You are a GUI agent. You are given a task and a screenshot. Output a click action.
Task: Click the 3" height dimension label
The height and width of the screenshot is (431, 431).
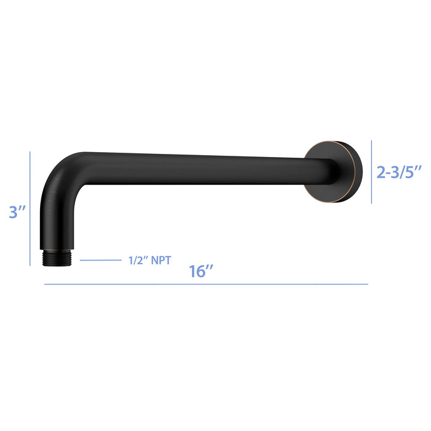click(x=17, y=212)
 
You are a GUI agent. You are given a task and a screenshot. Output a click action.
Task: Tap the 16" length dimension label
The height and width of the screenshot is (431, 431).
click(x=201, y=272)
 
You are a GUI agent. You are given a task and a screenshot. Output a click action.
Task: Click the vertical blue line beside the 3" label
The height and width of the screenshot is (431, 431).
click(x=30, y=209)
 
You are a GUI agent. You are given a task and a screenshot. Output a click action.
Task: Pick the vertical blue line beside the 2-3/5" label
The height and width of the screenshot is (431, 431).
click(x=371, y=172)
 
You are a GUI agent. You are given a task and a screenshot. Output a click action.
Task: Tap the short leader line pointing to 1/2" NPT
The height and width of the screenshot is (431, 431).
click(x=100, y=260)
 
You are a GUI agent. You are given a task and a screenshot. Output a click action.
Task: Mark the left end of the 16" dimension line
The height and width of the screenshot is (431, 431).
click(x=44, y=284)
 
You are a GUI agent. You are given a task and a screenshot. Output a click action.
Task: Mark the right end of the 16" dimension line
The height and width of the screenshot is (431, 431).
click(x=368, y=284)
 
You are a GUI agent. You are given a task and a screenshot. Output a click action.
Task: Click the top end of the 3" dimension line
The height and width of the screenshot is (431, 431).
click(x=30, y=153)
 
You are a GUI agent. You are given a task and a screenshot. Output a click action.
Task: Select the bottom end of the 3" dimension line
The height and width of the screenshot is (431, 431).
click(x=30, y=265)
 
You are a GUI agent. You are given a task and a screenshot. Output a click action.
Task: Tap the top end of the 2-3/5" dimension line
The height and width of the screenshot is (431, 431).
click(x=371, y=141)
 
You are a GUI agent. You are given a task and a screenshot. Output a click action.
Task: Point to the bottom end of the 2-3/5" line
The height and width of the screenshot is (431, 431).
click(x=371, y=203)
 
